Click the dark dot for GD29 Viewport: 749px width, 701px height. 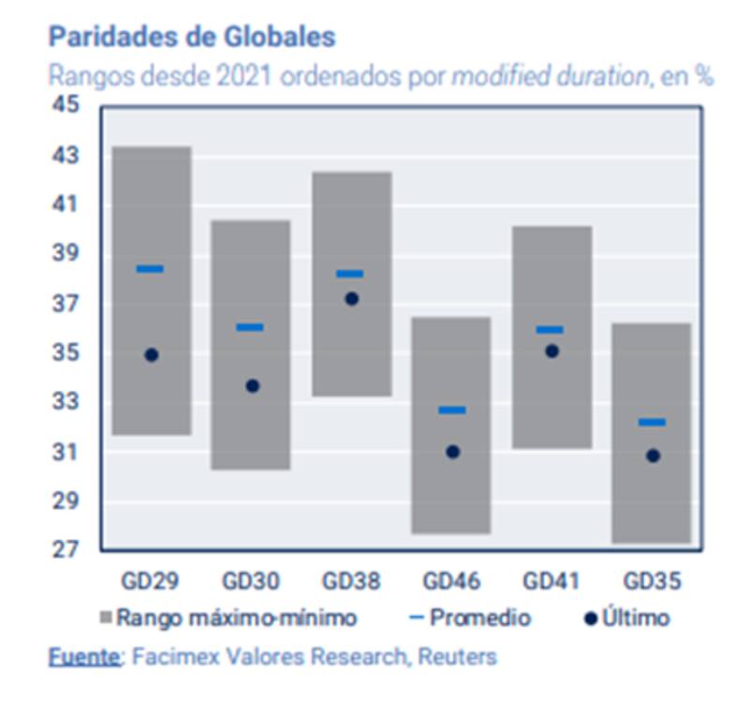click(152, 355)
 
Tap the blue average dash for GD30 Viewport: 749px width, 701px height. click(250, 327)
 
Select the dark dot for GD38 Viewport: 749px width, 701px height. click(351, 299)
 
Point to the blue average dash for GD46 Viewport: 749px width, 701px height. click(452, 410)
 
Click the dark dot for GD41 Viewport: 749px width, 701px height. click(552, 351)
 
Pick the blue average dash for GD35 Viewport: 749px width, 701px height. click(652, 423)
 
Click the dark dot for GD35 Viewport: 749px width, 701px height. click(653, 455)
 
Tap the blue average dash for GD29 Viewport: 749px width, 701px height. click(150, 269)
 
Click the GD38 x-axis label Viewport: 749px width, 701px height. click(351, 581)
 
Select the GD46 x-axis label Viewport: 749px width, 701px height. click(452, 581)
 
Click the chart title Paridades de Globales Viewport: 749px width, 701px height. click(192, 37)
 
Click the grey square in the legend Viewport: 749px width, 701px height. click(106, 619)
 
